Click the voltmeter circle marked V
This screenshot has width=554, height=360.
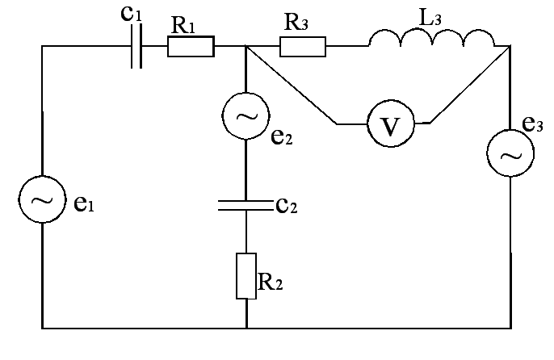[390, 125]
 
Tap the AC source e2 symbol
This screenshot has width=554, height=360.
[245, 117]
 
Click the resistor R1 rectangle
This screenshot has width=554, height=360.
[191, 47]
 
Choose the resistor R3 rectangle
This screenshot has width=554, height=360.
[303, 47]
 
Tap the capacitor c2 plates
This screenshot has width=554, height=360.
[246, 205]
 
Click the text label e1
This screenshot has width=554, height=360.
[84, 205]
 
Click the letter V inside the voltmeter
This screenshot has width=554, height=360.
[390, 126]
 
